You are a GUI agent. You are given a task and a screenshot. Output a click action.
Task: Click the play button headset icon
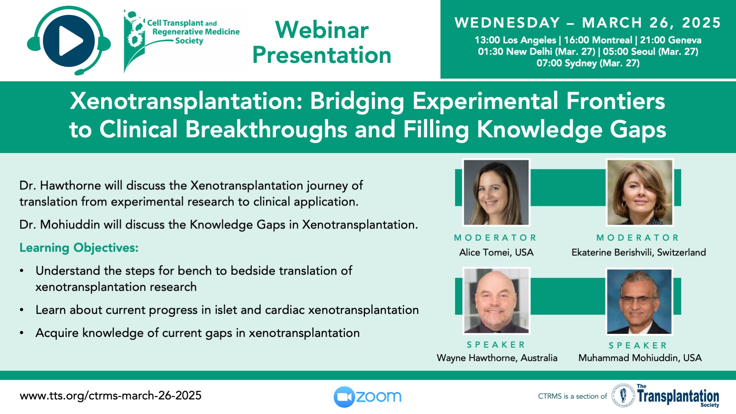click(69, 41)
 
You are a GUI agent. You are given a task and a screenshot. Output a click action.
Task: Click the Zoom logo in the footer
click(367, 396)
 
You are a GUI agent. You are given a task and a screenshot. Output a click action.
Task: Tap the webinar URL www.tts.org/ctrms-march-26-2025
click(110, 396)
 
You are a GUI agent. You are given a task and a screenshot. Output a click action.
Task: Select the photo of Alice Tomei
click(496, 192)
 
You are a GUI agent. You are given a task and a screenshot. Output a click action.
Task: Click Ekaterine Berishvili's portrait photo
click(639, 192)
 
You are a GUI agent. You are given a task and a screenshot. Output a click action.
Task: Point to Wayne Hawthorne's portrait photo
click(496, 301)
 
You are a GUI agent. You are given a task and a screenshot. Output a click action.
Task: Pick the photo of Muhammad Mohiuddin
click(639, 301)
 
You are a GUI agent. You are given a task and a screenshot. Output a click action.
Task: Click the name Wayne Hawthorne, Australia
click(497, 358)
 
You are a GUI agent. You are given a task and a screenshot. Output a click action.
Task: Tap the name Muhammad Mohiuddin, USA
click(640, 358)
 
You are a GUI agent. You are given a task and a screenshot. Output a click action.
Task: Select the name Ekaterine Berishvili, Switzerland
click(639, 252)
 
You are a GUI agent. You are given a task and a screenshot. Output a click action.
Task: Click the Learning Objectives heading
click(79, 248)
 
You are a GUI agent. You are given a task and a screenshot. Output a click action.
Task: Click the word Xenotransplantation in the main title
click(186, 101)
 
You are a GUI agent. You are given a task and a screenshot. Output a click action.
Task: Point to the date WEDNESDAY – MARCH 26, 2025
click(588, 23)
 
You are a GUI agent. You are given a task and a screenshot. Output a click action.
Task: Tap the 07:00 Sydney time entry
click(588, 63)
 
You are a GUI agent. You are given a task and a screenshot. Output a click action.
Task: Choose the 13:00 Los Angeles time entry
click(515, 40)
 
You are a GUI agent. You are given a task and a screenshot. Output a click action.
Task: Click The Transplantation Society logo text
click(678, 396)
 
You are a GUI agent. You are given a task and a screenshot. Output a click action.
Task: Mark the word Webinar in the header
click(322, 30)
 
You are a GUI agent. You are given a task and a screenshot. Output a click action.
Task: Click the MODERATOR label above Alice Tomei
click(495, 238)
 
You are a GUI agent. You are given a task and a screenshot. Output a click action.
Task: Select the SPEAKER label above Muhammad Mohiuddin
click(638, 345)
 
